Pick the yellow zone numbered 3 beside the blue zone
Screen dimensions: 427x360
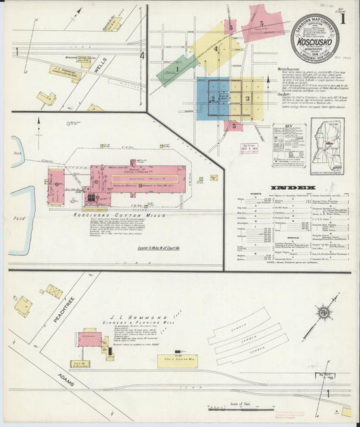(248, 98)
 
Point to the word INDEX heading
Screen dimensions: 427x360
(293, 187)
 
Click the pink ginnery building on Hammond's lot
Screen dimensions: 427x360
(89, 338)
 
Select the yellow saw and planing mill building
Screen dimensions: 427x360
(178, 361)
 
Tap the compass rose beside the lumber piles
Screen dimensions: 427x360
(324, 313)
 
